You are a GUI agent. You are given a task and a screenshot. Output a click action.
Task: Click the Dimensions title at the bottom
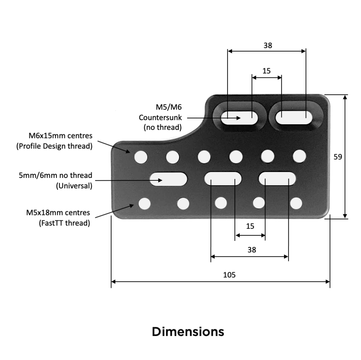[x=188, y=331]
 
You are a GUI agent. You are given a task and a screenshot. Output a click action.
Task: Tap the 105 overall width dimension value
[x=229, y=275]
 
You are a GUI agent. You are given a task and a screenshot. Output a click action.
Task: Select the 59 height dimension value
[x=338, y=157]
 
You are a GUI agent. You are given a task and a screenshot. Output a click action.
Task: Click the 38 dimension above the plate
[x=267, y=45]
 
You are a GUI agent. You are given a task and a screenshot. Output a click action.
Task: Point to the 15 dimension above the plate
[x=266, y=71]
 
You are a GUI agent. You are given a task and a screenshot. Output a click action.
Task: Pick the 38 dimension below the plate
[x=252, y=250]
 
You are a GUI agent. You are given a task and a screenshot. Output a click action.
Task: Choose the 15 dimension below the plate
[x=250, y=226]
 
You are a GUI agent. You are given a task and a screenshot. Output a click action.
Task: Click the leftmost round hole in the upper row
[x=141, y=157]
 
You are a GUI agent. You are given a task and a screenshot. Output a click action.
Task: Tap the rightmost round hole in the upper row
[x=299, y=155]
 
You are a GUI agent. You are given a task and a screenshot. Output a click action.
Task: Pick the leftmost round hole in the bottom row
[x=144, y=203]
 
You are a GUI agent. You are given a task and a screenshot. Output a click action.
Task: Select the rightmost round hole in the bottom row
[x=296, y=203]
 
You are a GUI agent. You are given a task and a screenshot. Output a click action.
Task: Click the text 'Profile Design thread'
[x=54, y=147]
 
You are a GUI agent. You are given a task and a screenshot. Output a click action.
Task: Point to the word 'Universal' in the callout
[x=74, y=186]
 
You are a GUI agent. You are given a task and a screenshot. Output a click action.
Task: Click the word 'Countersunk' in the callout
[x=160, y=117]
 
